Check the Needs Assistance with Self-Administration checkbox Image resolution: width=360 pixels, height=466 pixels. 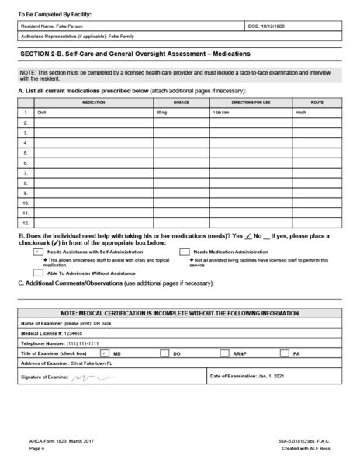(x=38, y=252)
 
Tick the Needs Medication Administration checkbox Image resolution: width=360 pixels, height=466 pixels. (x=185, y=252)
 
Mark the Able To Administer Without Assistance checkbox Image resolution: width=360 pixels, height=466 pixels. (x=38, y=273)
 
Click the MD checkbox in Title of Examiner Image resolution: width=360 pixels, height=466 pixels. (x=105, y=353)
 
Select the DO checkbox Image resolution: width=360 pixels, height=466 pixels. (x=164, y=353)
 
